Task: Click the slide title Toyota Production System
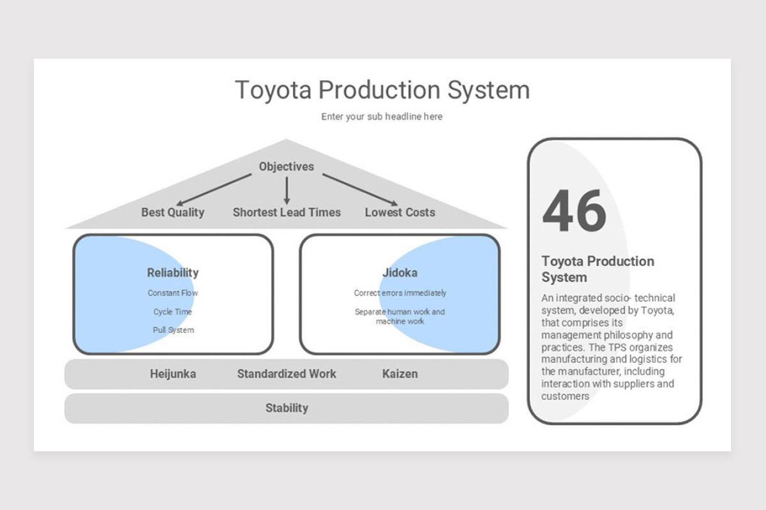click(382, 90)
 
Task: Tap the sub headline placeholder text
click(382, 117)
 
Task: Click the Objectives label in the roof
click(287, 166)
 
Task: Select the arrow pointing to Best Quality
click(214, 189)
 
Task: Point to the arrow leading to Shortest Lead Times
click(287, 191)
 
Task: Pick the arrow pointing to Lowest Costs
click(361, 189)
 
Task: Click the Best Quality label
click(173, 212)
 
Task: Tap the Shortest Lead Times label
click(287, 212)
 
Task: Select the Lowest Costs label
click(400, 212)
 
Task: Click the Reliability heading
click(173, 273)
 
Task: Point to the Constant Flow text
click(173, 293)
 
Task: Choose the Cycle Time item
click(173, 312)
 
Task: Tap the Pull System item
click(173, 330)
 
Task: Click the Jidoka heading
click(400, 273)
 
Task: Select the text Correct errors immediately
click(400, 293)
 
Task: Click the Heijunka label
click(173, 374)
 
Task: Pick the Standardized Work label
click(287, 374)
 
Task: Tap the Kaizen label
click(400, 374)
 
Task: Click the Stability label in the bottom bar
click(287, 408)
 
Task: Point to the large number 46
click(574, 211)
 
